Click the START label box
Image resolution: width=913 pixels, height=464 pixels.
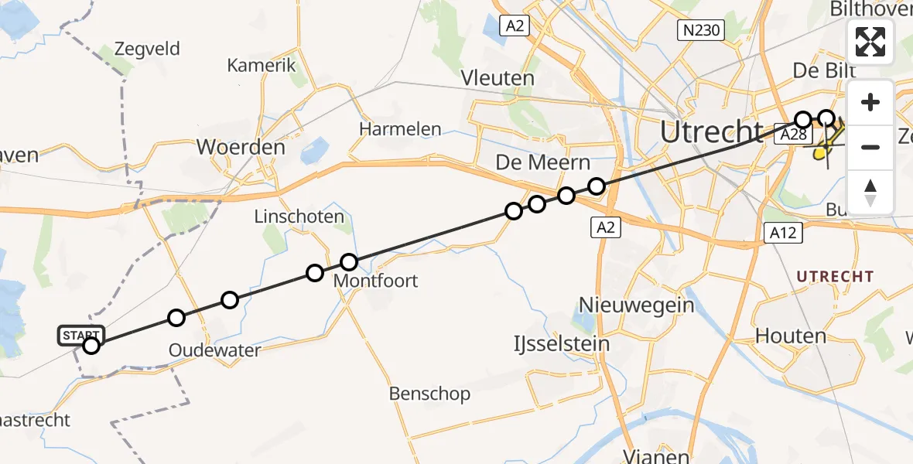[x=80, y=335]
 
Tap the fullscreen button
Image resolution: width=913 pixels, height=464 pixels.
[x=870, y=42]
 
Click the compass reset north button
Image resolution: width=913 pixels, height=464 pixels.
[x=870, y=193]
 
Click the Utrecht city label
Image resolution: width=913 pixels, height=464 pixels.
[x=711, y=132]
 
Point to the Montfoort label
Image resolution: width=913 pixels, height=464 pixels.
[x=375, y=281]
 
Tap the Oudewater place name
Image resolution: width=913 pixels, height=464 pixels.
[x=215, y=350]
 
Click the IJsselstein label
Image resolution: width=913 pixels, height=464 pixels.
[x=562, y=343]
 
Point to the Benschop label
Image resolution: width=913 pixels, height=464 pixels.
[x=429, y=394]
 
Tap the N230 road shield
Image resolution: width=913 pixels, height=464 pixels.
[x=699, y=30]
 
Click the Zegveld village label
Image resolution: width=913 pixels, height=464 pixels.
[x=146, y=49]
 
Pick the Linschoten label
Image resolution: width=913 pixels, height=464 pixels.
[x=299, y=217]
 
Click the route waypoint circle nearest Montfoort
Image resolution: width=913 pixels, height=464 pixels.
[x=349, y=262]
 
